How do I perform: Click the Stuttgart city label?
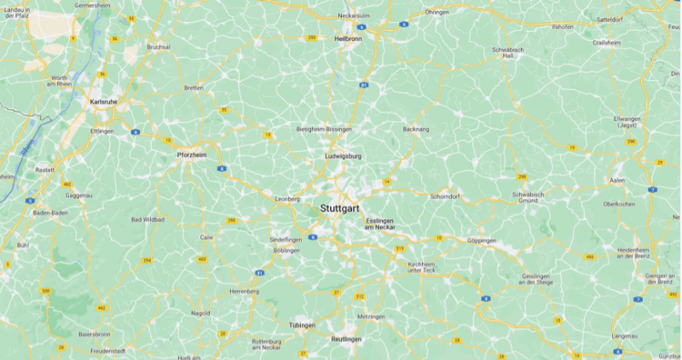coord(340,208)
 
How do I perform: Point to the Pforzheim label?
coord(192,155)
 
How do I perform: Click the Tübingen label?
coord(302,326)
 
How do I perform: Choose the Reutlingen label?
coord(346,339)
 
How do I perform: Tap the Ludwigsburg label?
coord(344,156)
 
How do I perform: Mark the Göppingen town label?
coord(482,241)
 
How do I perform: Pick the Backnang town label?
coord(415,129)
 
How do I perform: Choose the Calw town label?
coord(206,236)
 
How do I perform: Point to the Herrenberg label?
coord(243,291)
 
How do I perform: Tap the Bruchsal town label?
coord(159,47)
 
